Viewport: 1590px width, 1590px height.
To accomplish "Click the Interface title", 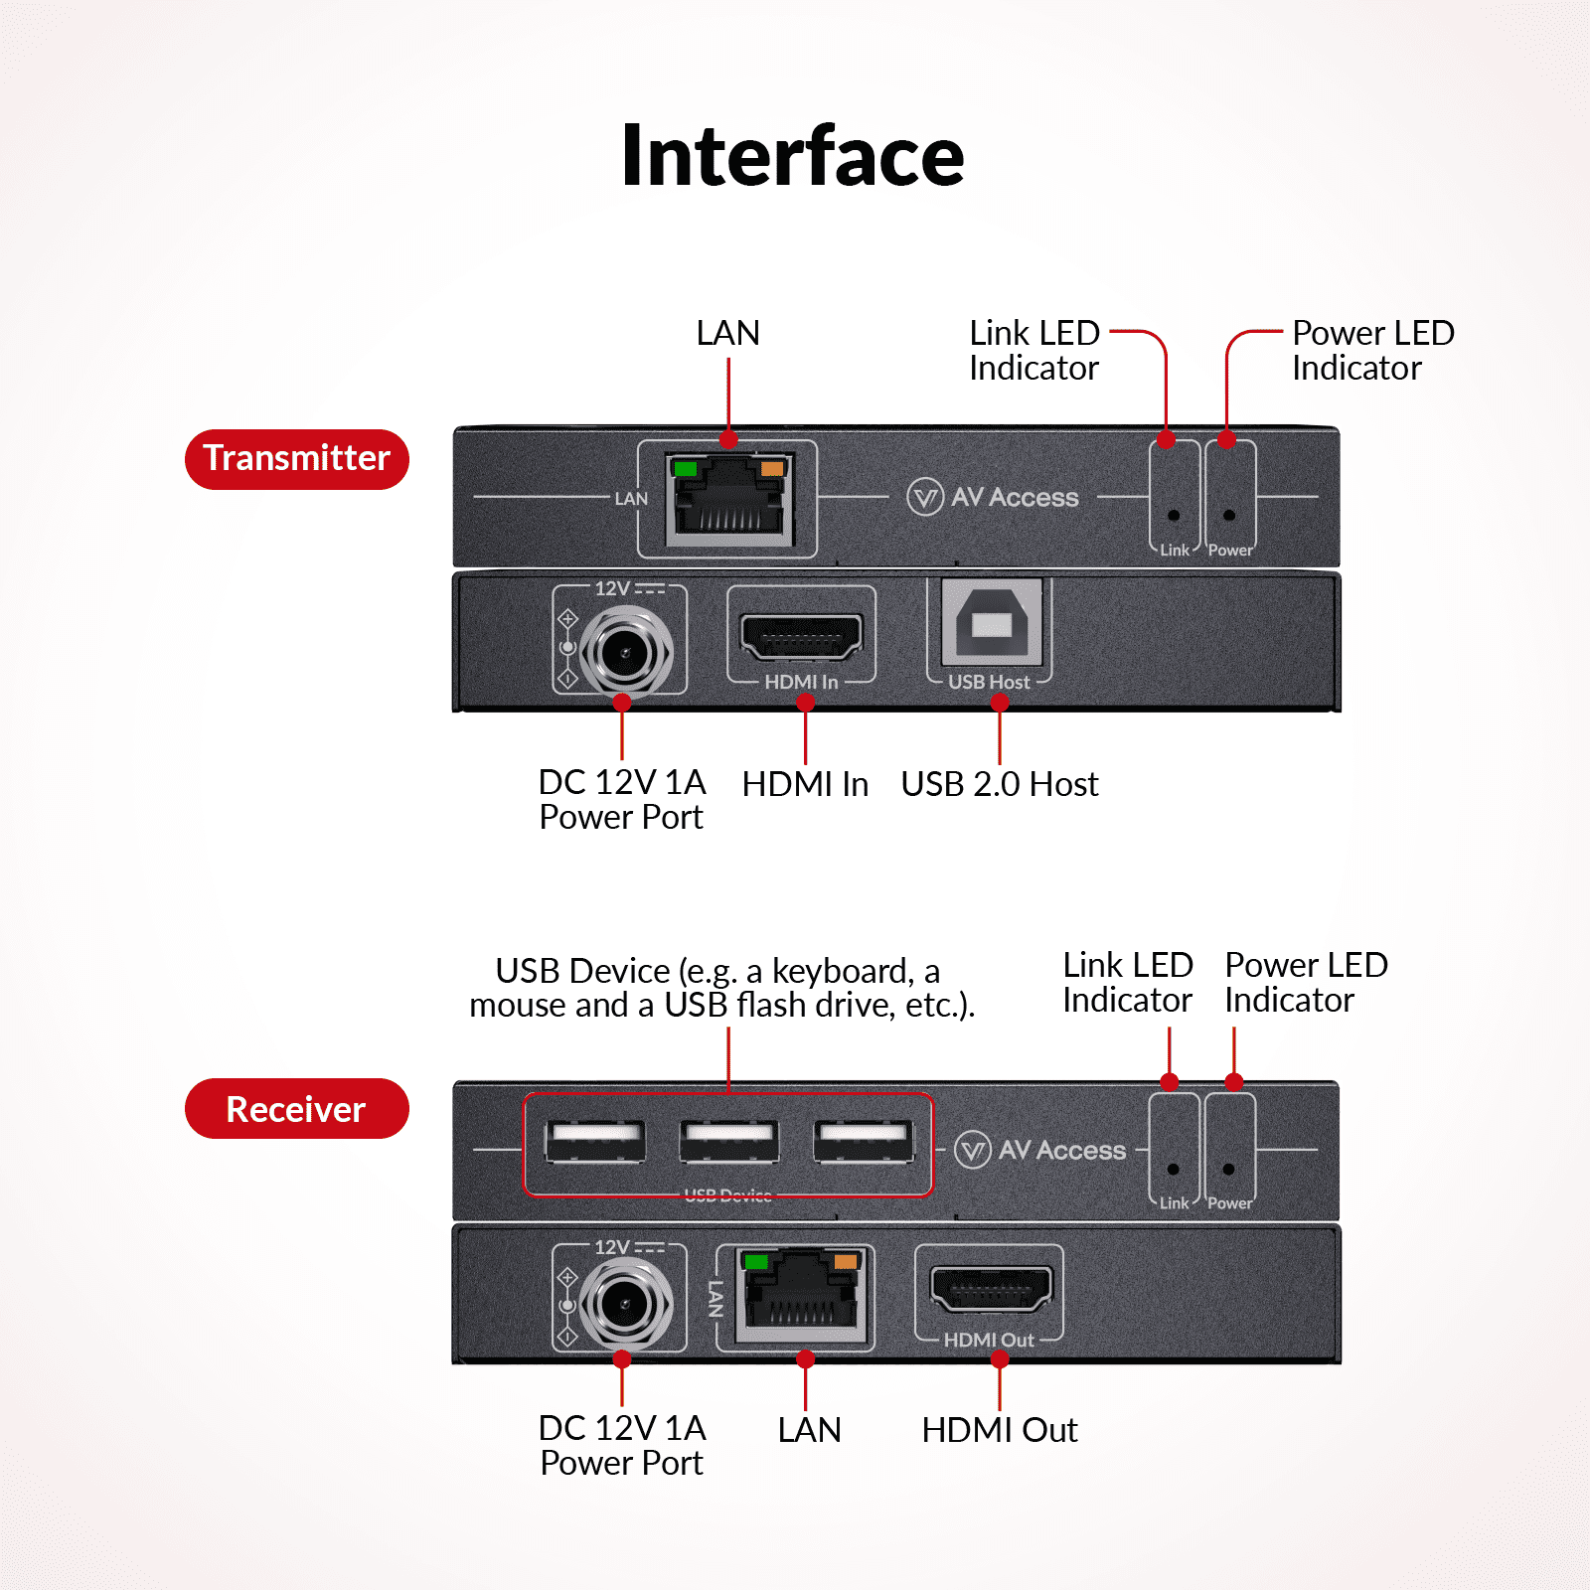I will tap(792, 157).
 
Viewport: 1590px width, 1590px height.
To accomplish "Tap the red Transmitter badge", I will tap(296, 459).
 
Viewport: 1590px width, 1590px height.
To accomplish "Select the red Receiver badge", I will tap(296, 1109).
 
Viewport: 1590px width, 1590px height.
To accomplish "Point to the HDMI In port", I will tap(802, 636).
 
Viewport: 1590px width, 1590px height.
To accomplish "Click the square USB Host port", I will tap(990, 624).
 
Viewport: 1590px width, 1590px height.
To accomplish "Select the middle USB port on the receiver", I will tap(729, 1141).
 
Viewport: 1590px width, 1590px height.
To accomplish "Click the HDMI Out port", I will tap(990, 1289).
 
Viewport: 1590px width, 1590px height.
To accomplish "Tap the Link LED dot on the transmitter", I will tap(1174, 516).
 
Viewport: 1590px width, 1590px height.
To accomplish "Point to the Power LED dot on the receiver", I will tap(1229, 1170).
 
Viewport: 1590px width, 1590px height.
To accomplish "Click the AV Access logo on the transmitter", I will tap(993, 497).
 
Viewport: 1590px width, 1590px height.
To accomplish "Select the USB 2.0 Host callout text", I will tap(999, 784).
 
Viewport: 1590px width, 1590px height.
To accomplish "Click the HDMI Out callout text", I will tap(999, 1430).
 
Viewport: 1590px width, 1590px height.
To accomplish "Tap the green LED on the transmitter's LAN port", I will tap(685, 468).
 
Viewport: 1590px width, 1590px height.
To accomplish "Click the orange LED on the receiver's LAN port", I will tap(845, 1262).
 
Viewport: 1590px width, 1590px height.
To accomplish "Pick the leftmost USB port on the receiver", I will tap(595, 1141).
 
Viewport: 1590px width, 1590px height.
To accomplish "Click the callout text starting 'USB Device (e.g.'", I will tap(722, 988).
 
